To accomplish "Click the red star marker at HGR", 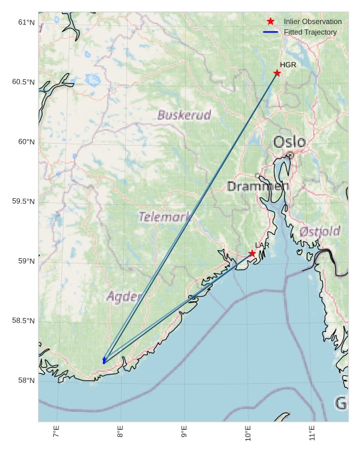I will tap(277, 73).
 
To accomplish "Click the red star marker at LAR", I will tap(252, 253).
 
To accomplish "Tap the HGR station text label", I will tap(287, 65).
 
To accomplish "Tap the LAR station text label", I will tap(262, 245).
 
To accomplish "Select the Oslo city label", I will tap(289, 142).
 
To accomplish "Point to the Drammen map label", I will tap(258, 186).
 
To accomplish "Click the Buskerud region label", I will tap(184, 115).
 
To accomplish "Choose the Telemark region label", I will tap(164, 216).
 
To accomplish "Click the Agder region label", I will tap(124, 296).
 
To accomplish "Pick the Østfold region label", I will tap(319, 231).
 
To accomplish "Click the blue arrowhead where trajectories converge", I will tap(104, 361).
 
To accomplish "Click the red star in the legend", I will tap(270, 21).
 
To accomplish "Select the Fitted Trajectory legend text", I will tap(310, 32).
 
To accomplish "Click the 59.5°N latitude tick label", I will tap(23, 202).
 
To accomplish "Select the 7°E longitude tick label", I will tap(57, 435).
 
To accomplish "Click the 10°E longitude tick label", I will tap(248, 435).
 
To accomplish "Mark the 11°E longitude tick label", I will tap(312, 435).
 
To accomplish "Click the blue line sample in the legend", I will tap(270, 32).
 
